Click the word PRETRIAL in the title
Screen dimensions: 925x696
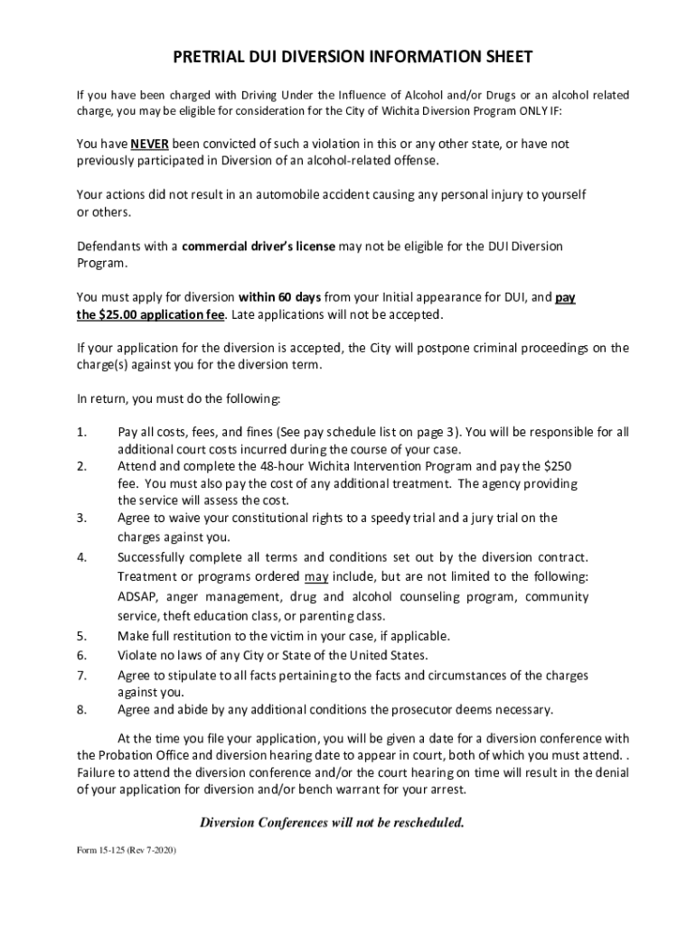pyautogui.click(x=215, y=59)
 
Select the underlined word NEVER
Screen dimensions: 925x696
pyautogui.click(x=149, y=145)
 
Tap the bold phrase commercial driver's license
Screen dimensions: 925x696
pyautogui.click(x=259, y=247)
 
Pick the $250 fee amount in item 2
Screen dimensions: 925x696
pyautogui.click(x=555, y=466)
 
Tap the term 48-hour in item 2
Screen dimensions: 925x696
pyautogui.click(x=281, y=466)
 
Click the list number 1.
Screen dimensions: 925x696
pyautogui.click(x=81, y=432)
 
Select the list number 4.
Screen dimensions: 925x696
pyautogui.click(x=81, y=556)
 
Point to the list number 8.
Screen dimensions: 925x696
pyautogui.click(x=81, y=709)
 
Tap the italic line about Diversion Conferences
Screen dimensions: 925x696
pyautogui.click(x=331, y=822)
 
